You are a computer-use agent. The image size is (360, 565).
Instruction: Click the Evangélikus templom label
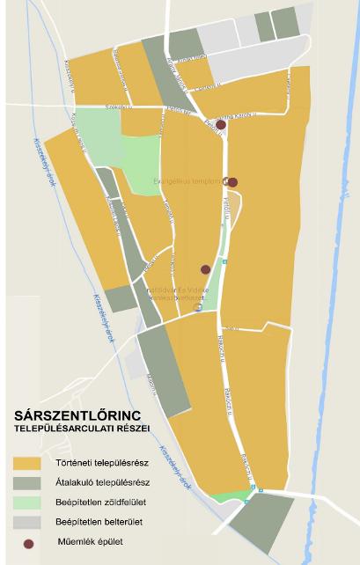click(185, 182)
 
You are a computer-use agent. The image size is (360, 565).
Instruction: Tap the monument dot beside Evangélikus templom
click(232, 183)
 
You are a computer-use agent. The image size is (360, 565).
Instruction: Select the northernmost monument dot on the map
click(221, 125)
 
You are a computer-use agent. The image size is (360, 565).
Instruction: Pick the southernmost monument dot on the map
click(205, 269)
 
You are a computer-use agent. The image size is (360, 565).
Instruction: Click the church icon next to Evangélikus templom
click(224, 182)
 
